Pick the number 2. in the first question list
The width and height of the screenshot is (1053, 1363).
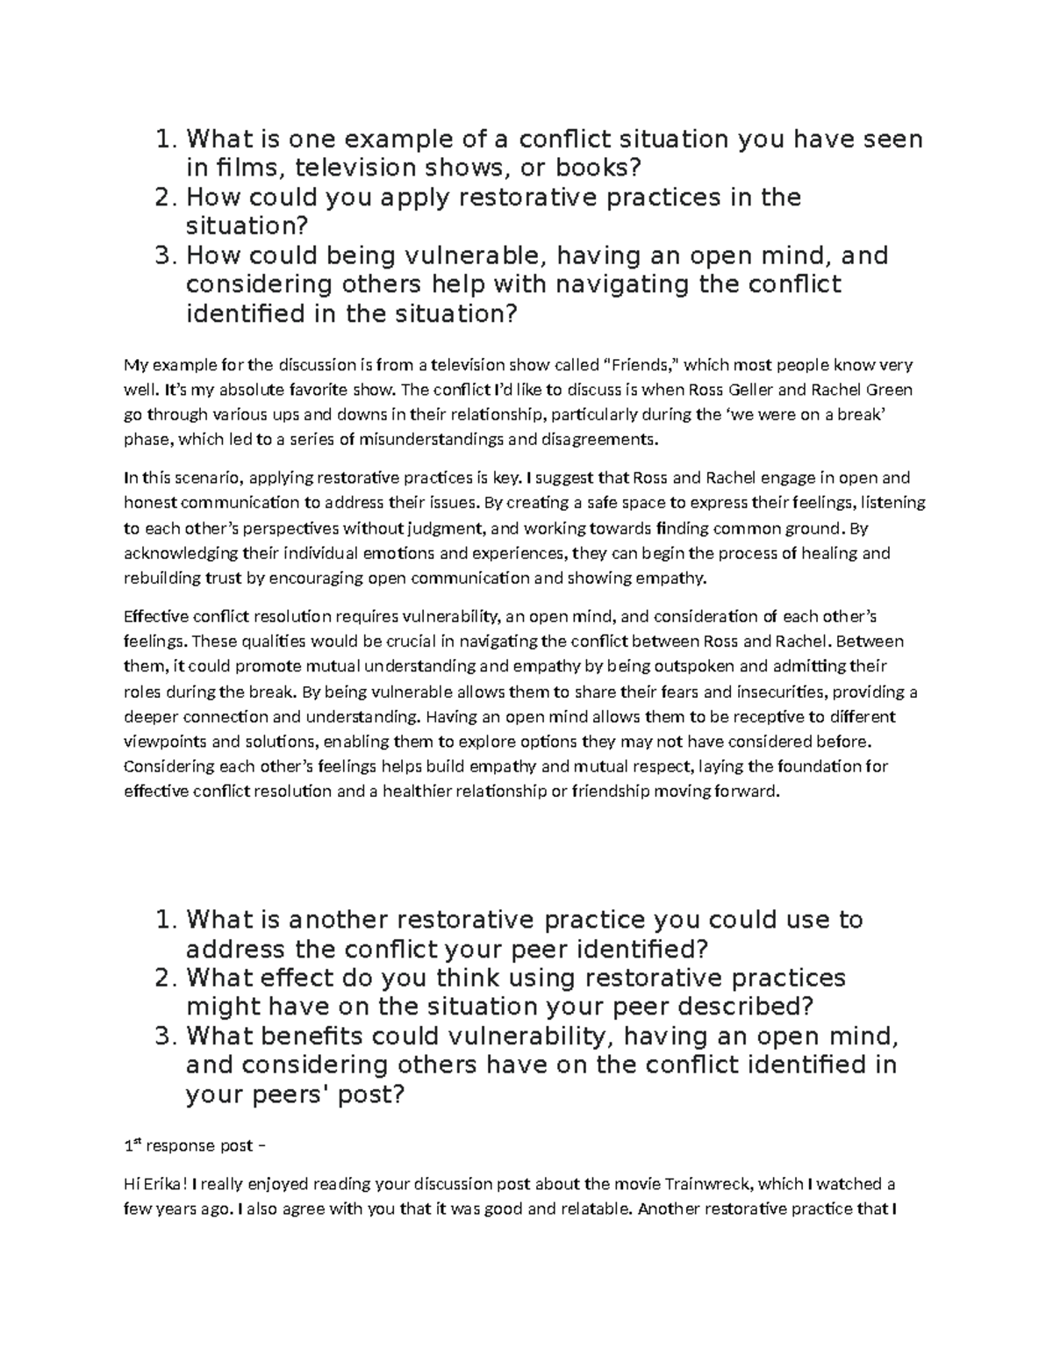coord(166,197)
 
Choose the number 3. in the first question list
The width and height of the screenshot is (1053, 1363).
coord(166,255)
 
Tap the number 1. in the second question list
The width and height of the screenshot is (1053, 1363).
coord(166,920)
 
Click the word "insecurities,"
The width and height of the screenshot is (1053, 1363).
coord(782,692)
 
